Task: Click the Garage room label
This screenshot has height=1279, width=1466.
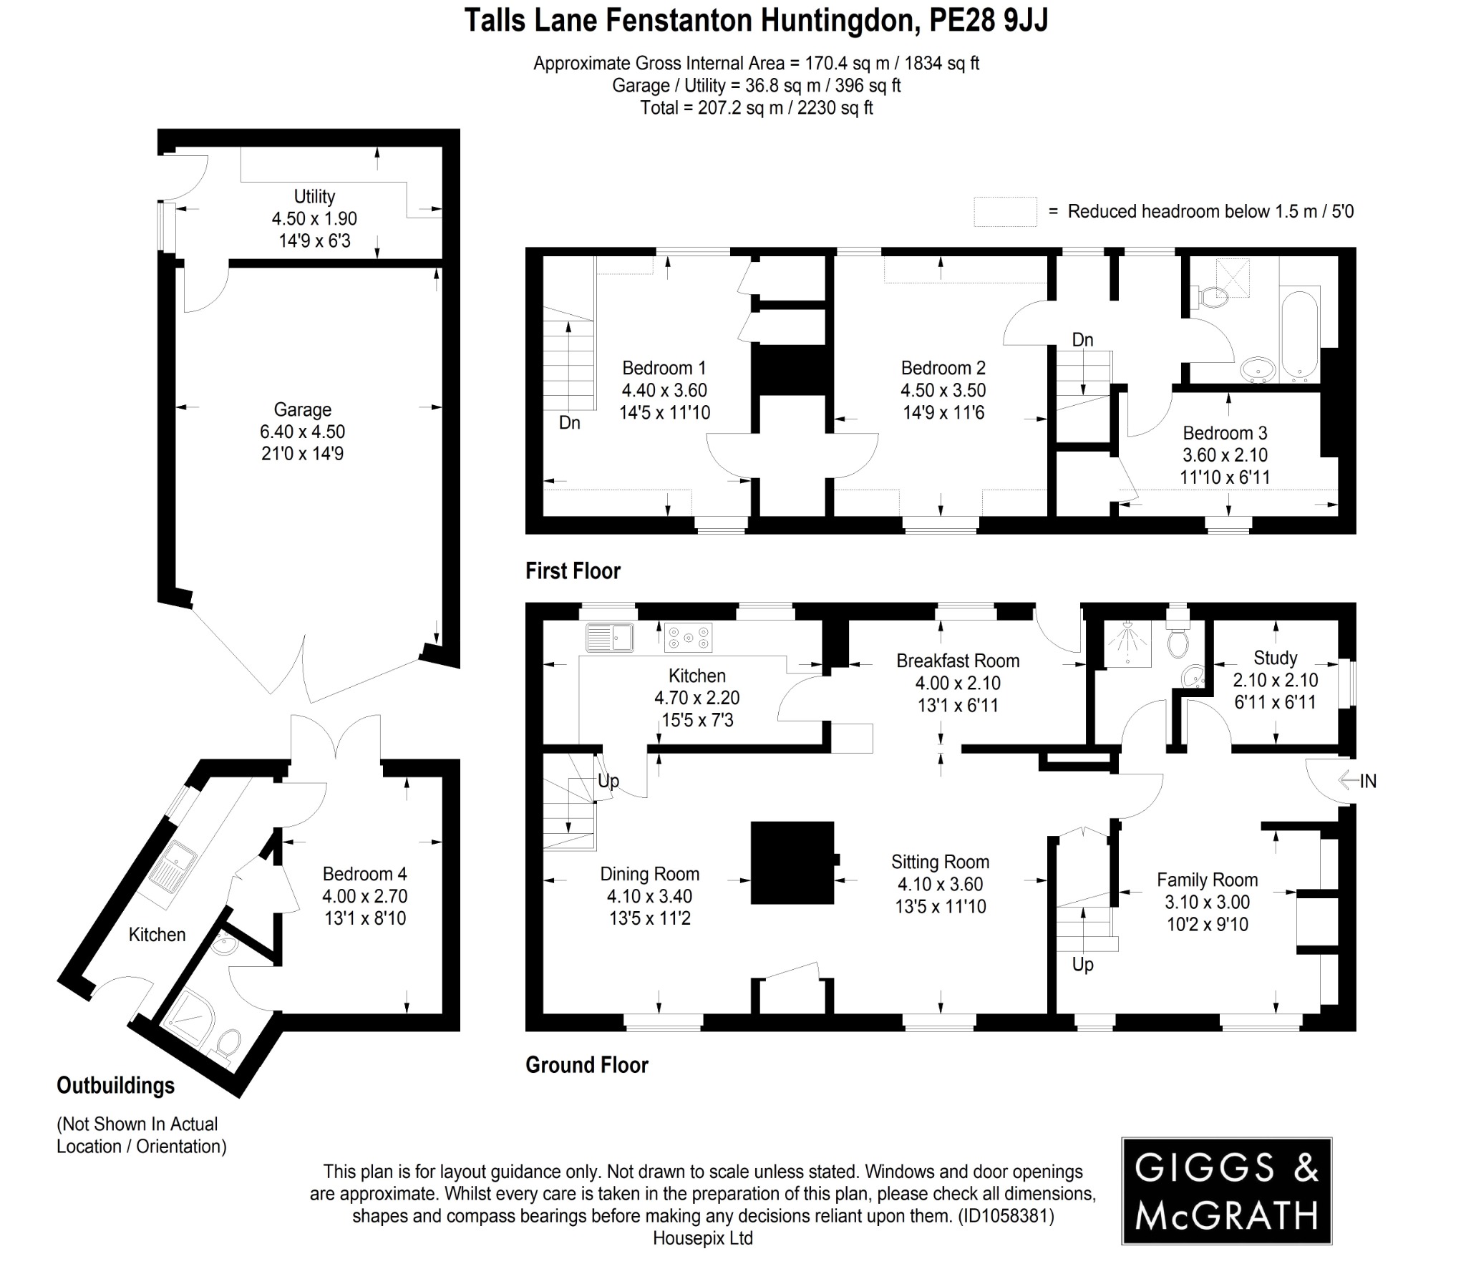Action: point(302,409)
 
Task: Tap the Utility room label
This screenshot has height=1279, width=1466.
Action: point(314,196)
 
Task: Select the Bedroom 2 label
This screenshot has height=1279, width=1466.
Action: point(943,368)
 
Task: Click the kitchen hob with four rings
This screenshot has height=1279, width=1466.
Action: point(688,638)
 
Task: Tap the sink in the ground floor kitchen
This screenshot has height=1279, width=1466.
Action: point(609,637)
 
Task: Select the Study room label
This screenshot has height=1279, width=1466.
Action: point(1275,658)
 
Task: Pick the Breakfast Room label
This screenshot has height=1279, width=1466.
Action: point(957,661)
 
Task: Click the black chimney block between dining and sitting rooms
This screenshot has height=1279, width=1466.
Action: point(792,862)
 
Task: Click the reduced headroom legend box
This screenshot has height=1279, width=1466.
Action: point(1004,212)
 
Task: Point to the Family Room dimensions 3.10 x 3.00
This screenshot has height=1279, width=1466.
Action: point(1207,902)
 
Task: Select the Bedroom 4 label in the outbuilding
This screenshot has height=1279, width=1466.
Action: point(364,874)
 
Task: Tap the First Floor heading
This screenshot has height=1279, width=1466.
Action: point(573,571)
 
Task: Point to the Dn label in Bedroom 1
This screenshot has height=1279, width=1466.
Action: point(569,423)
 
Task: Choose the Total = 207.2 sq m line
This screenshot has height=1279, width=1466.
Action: point(756,108)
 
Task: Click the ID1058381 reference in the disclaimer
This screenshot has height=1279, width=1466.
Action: point(1006,1216)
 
